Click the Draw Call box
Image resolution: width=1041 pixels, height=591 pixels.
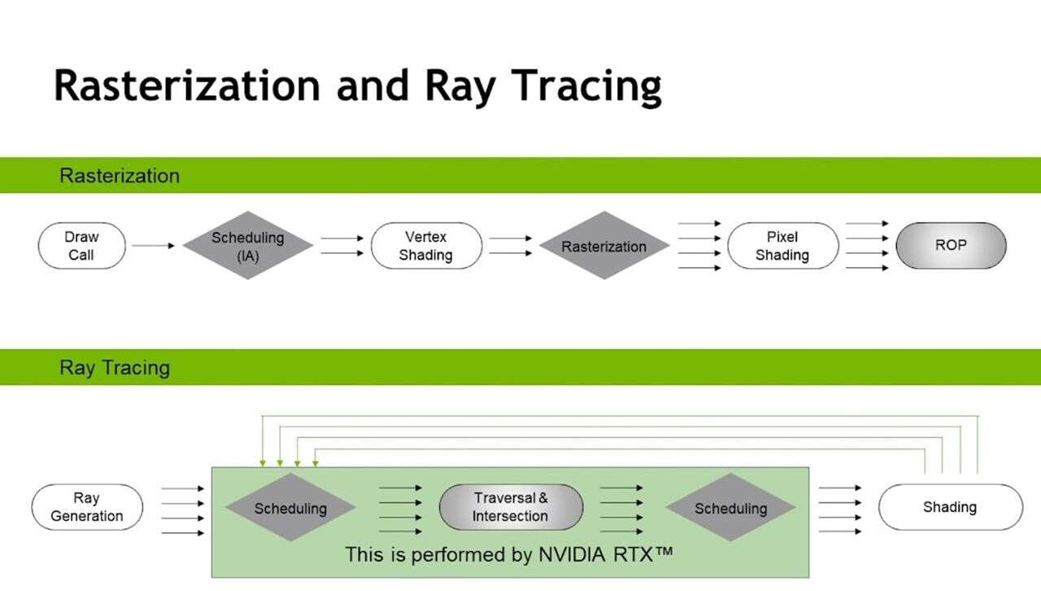click(81, 246)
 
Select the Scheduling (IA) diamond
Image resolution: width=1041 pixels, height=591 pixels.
click(247, 246)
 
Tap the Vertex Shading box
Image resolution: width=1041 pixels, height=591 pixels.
click(426, 246)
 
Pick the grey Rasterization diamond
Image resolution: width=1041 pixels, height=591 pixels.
click(603, 246)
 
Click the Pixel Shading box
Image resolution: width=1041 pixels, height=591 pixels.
click(782, 246)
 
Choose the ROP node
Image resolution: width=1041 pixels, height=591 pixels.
click(951, 246)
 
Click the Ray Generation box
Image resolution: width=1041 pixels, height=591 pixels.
click(87, 507)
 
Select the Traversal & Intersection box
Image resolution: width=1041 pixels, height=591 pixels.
click(511, 507)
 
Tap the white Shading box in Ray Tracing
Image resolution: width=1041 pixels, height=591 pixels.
click(950, 507)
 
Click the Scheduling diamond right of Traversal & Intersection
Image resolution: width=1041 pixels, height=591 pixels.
click(730, 508)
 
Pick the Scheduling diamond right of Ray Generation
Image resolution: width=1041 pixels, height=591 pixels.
click(290, 508)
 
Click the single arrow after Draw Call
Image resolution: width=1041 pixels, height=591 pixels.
click(153, 245)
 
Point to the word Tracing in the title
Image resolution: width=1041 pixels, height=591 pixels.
click(579, 85)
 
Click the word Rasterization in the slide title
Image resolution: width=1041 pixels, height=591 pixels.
click(187, 85)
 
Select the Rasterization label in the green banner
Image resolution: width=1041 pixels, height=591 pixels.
click(120, 176)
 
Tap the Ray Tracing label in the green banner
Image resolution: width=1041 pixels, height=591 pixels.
click(115, 368)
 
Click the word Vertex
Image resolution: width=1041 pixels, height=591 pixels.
click(426, 237)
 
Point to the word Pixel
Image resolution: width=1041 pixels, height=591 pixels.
click(782, 237)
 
